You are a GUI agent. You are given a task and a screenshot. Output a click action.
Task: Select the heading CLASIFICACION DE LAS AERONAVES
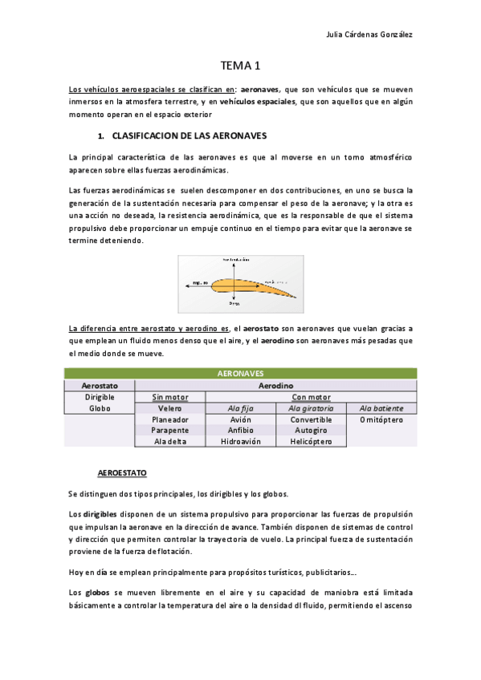[190, 136]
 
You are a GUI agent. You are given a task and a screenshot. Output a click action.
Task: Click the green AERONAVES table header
[240, 374]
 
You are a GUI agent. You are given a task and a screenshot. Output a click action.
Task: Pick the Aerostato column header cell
[100, 386]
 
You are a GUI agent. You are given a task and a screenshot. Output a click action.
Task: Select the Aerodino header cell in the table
[275, 386]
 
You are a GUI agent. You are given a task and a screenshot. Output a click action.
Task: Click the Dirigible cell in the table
[100, 397]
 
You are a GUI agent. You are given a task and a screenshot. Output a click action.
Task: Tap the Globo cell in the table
[100, 408]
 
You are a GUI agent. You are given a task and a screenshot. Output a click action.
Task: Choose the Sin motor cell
[169, 397]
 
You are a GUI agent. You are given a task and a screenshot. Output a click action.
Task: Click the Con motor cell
[311, 397]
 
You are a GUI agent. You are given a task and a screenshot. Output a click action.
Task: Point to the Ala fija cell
[240, 408]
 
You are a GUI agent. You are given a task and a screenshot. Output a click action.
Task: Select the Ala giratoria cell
[311, 408]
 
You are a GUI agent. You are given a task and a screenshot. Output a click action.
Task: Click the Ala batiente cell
[381, 408]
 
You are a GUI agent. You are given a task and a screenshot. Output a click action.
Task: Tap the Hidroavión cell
[240, 441]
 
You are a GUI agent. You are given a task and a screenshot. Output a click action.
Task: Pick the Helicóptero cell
[311, 441]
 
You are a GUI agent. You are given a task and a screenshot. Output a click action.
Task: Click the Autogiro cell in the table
[311, 430]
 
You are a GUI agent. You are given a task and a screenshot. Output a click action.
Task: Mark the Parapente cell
[169, 430]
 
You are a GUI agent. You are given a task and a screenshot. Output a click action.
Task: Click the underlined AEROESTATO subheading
[121, 473]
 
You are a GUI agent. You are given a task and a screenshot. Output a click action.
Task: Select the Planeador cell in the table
[169, 419]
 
